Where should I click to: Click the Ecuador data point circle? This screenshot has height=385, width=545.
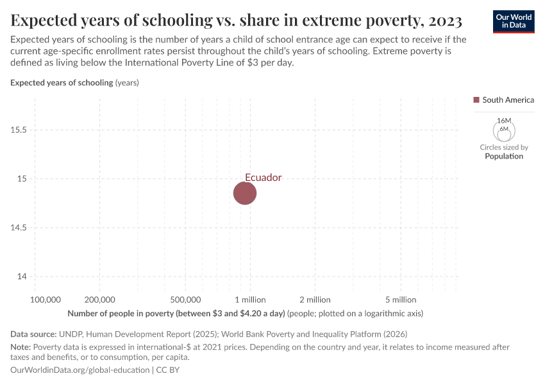[x=244, y=193]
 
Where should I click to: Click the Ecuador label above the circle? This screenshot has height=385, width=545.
[x=263, y=177]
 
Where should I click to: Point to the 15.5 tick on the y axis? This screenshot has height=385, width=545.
[x=19, y=130]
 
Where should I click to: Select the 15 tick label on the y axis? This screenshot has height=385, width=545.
[x=22, y=178]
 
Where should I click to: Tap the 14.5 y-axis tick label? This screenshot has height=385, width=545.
[x=19, y=227]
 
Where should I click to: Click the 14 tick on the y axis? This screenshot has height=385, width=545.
[x=22, y=277]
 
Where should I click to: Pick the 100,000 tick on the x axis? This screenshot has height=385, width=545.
[x=46, y=300]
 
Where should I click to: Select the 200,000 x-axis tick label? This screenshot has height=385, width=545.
[x=99, y=300]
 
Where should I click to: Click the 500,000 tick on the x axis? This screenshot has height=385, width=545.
[x=186, y=300]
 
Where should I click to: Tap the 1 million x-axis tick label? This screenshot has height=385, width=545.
[x=249, y=300]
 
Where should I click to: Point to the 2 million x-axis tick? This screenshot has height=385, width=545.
[x=315, y=300]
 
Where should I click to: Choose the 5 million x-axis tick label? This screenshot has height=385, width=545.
[x=401, y=300]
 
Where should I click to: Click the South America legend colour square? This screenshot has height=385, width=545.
[x=476, y=99]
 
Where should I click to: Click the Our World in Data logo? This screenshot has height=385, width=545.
[x=513, y=21]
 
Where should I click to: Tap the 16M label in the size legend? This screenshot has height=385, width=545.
[x=504, y=121]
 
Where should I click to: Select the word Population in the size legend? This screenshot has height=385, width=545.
[x=504, y=156]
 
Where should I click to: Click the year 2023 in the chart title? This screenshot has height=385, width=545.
[x=442, y=21]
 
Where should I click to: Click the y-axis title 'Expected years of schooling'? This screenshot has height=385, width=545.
[x=62, y=83]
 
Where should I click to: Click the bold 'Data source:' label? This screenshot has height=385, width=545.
[x=33, y=334]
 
